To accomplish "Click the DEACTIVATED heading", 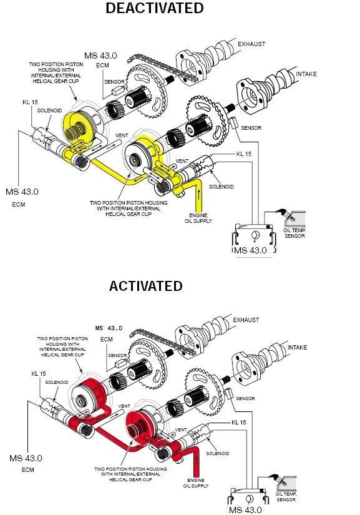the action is click(x=155, y=8).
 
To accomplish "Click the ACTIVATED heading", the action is click(x=146, y=286).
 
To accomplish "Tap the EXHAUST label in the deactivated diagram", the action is click(x=251, y=44).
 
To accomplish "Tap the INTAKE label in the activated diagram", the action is click(x=298, y=347).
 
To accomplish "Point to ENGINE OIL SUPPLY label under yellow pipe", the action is click(x=198, y=218).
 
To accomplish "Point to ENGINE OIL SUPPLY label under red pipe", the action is click(x=196, y=483).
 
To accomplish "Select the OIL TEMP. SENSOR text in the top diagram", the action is click(x=294, y=233).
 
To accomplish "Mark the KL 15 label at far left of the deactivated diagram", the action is click(x=30, y=102).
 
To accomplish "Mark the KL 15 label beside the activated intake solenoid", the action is click(x=239, y=423).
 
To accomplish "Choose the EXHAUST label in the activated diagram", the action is click(x=246, y=320).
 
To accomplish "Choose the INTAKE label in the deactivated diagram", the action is click(x=306, y=74).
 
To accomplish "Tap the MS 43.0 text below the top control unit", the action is click(x=250, y=250).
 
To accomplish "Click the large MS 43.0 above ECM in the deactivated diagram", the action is click(x=100, y=56).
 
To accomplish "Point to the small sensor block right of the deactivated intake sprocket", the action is click(x=233, y=123).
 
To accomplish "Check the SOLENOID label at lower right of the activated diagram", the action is click(x=217, y=453).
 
